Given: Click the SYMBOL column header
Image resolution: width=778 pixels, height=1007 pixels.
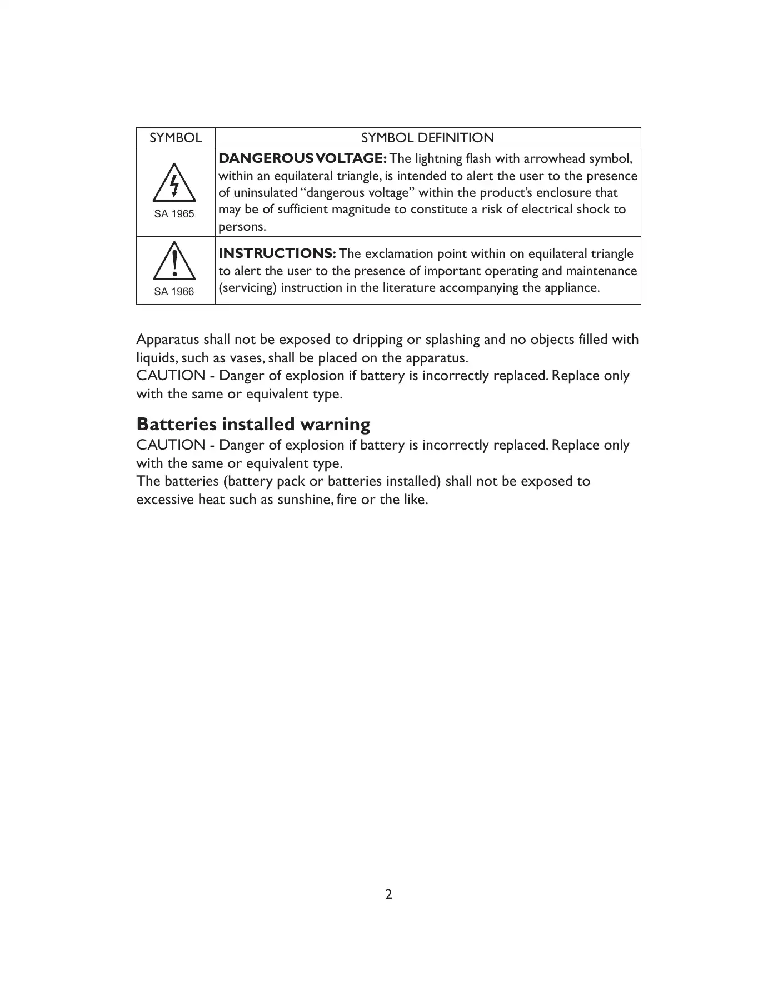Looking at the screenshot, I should tap(176, 138).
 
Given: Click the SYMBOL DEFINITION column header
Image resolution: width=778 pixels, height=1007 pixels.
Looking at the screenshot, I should tap(427, 138).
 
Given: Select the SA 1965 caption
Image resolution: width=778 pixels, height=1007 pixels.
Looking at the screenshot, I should tap(174, 214).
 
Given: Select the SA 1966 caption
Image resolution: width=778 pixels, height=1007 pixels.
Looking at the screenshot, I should tap(174, 292).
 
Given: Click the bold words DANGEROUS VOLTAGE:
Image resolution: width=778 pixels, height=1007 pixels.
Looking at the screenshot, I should tap(303, 158).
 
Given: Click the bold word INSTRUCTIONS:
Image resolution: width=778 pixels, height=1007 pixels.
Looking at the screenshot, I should tap(277, 253).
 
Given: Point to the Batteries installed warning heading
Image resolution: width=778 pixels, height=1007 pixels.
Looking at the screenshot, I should tap(253, 425).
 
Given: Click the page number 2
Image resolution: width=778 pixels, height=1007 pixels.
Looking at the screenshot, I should tap(389, 894).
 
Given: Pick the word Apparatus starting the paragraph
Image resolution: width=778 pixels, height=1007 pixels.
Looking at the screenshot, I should tap(168, 340).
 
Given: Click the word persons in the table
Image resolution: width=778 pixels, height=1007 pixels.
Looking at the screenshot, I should tap(242, 227).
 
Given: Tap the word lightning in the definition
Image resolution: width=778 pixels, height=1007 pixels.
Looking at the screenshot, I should tap(438, 159).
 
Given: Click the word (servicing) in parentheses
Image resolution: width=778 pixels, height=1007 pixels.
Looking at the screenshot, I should tap(248, 288).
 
